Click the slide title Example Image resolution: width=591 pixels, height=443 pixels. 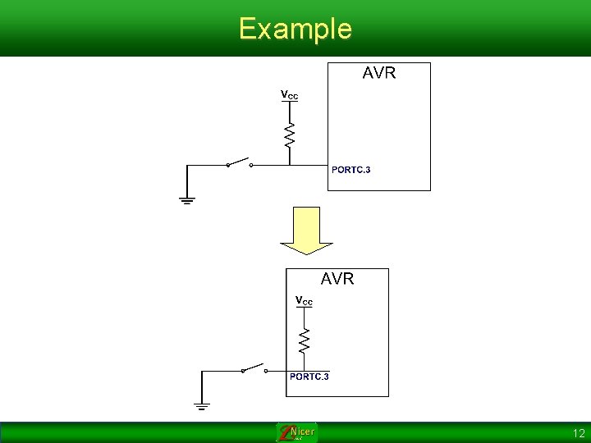click(295, 29)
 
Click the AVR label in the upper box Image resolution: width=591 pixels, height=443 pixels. click(379, 73)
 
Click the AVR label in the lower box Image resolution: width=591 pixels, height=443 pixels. click(337, 279)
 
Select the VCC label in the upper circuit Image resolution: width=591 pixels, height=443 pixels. click(290, 95)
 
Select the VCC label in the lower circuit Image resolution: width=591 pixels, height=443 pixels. click(304, 301)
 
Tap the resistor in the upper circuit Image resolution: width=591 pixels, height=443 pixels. click(289, 135)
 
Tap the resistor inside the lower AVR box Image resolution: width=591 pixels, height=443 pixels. click(304, 340)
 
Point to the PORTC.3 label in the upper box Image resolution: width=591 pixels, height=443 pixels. click(350, 170)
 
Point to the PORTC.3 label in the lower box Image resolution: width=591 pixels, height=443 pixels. click(309, 377)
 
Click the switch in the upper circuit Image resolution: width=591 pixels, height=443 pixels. click(239, 162)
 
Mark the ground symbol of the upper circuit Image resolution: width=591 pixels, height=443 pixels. click(187, 199)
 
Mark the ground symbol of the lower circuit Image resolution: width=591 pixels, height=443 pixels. click(202, 404)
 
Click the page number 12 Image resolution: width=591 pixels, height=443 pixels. click(579, 432)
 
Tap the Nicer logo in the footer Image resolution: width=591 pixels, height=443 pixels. click(296, 432)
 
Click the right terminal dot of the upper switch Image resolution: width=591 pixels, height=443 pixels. click(251, 165)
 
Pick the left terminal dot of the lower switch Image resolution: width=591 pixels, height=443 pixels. click(242, 370)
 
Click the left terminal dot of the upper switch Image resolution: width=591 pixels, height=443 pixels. click(227, 165)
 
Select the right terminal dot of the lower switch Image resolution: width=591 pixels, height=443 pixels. click(265, 370)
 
